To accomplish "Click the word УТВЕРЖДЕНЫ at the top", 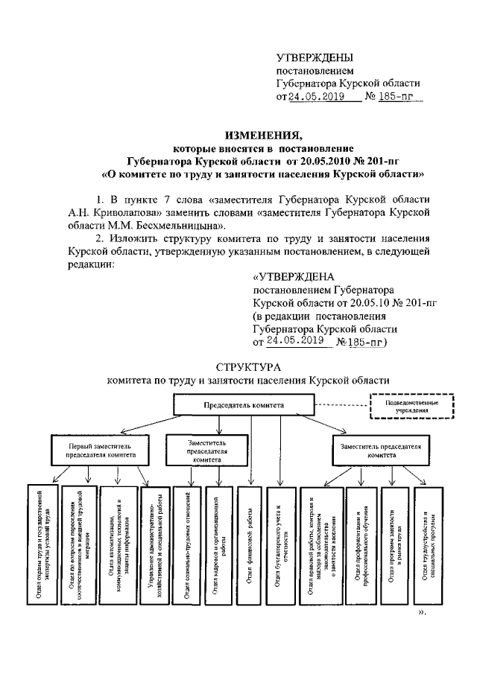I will (315, 57).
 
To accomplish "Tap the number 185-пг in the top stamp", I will (399, 97).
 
